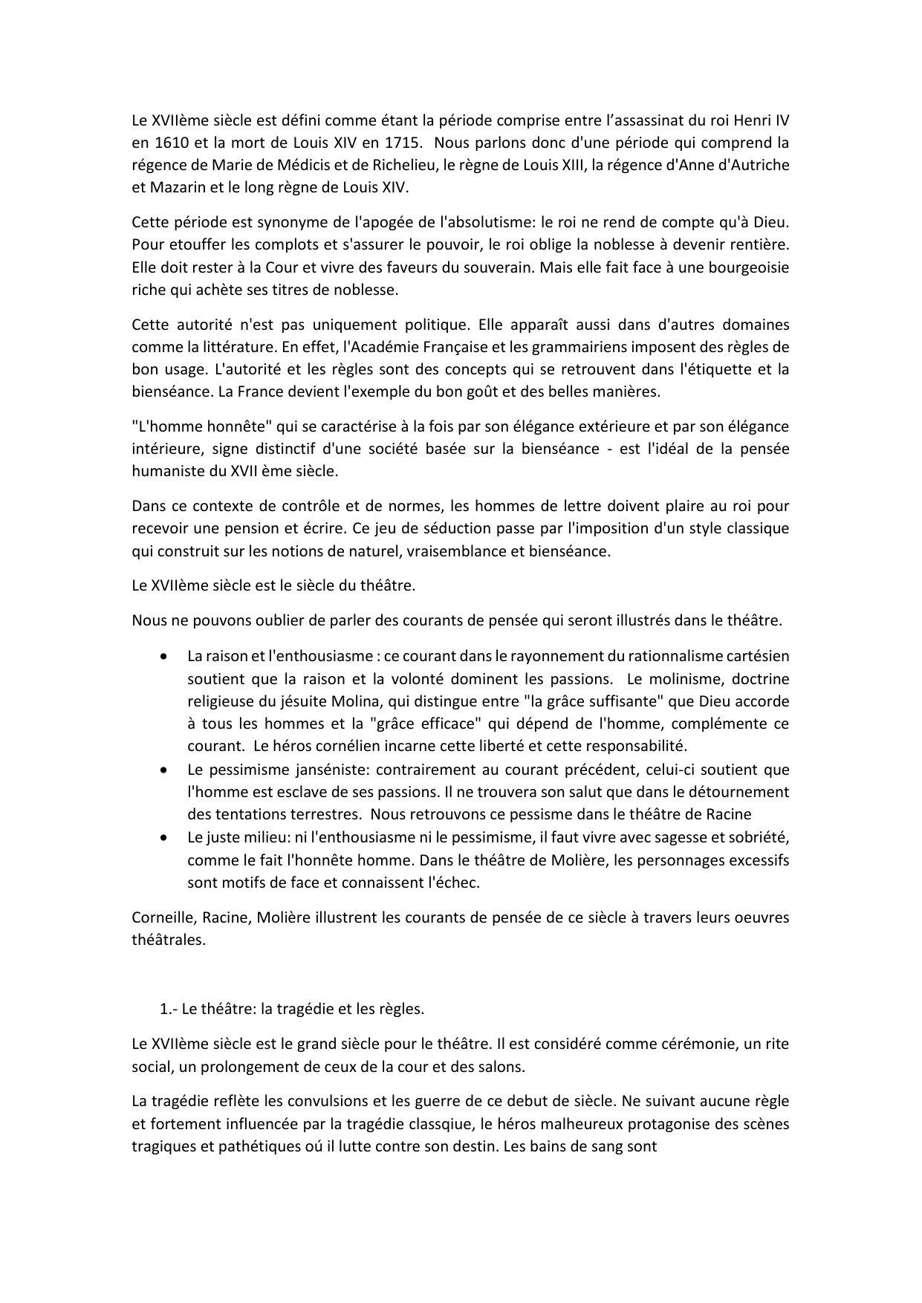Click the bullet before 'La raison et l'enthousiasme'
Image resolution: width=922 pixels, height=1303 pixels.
click(163, 657)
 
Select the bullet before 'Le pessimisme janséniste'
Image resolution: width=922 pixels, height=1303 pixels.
click(163, 770)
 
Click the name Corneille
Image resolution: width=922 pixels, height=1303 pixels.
click(160, 917)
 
